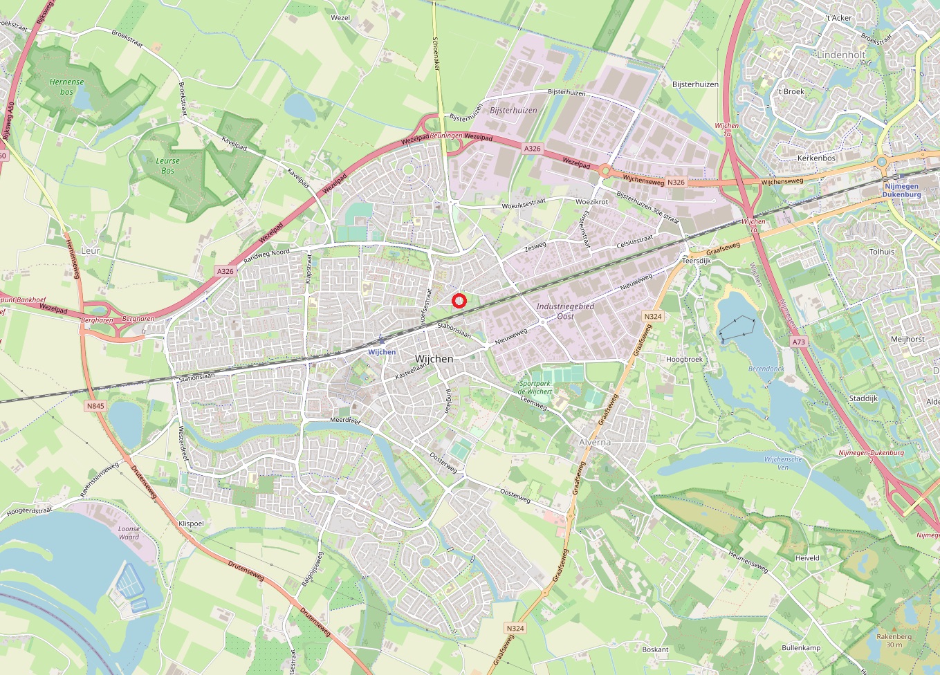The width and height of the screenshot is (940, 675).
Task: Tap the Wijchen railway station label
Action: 382,352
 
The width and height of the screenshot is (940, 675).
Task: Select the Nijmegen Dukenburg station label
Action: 901,190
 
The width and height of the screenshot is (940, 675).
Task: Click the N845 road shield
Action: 95,406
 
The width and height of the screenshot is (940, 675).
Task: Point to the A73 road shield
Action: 799,342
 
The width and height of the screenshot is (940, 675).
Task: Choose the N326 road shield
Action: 675,183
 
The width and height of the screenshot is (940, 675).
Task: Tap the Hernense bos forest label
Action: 66,86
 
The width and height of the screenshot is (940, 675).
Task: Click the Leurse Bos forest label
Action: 167,165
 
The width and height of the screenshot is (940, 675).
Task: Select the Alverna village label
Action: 595,442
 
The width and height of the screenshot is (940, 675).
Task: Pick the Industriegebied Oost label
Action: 565,311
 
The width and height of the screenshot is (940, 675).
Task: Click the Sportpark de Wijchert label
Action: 535,387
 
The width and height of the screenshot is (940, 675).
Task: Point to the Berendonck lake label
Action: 766,369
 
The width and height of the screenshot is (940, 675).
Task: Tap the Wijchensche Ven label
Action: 783,463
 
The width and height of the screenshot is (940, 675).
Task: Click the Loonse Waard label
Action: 129,533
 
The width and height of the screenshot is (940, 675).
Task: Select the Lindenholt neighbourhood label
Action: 841,55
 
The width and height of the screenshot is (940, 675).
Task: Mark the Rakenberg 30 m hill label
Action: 894,640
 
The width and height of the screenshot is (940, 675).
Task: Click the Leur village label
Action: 91,251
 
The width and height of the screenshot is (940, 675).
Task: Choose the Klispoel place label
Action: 191,524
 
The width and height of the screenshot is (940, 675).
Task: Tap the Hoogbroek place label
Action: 684,360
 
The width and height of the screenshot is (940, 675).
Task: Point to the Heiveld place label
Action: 807,558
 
